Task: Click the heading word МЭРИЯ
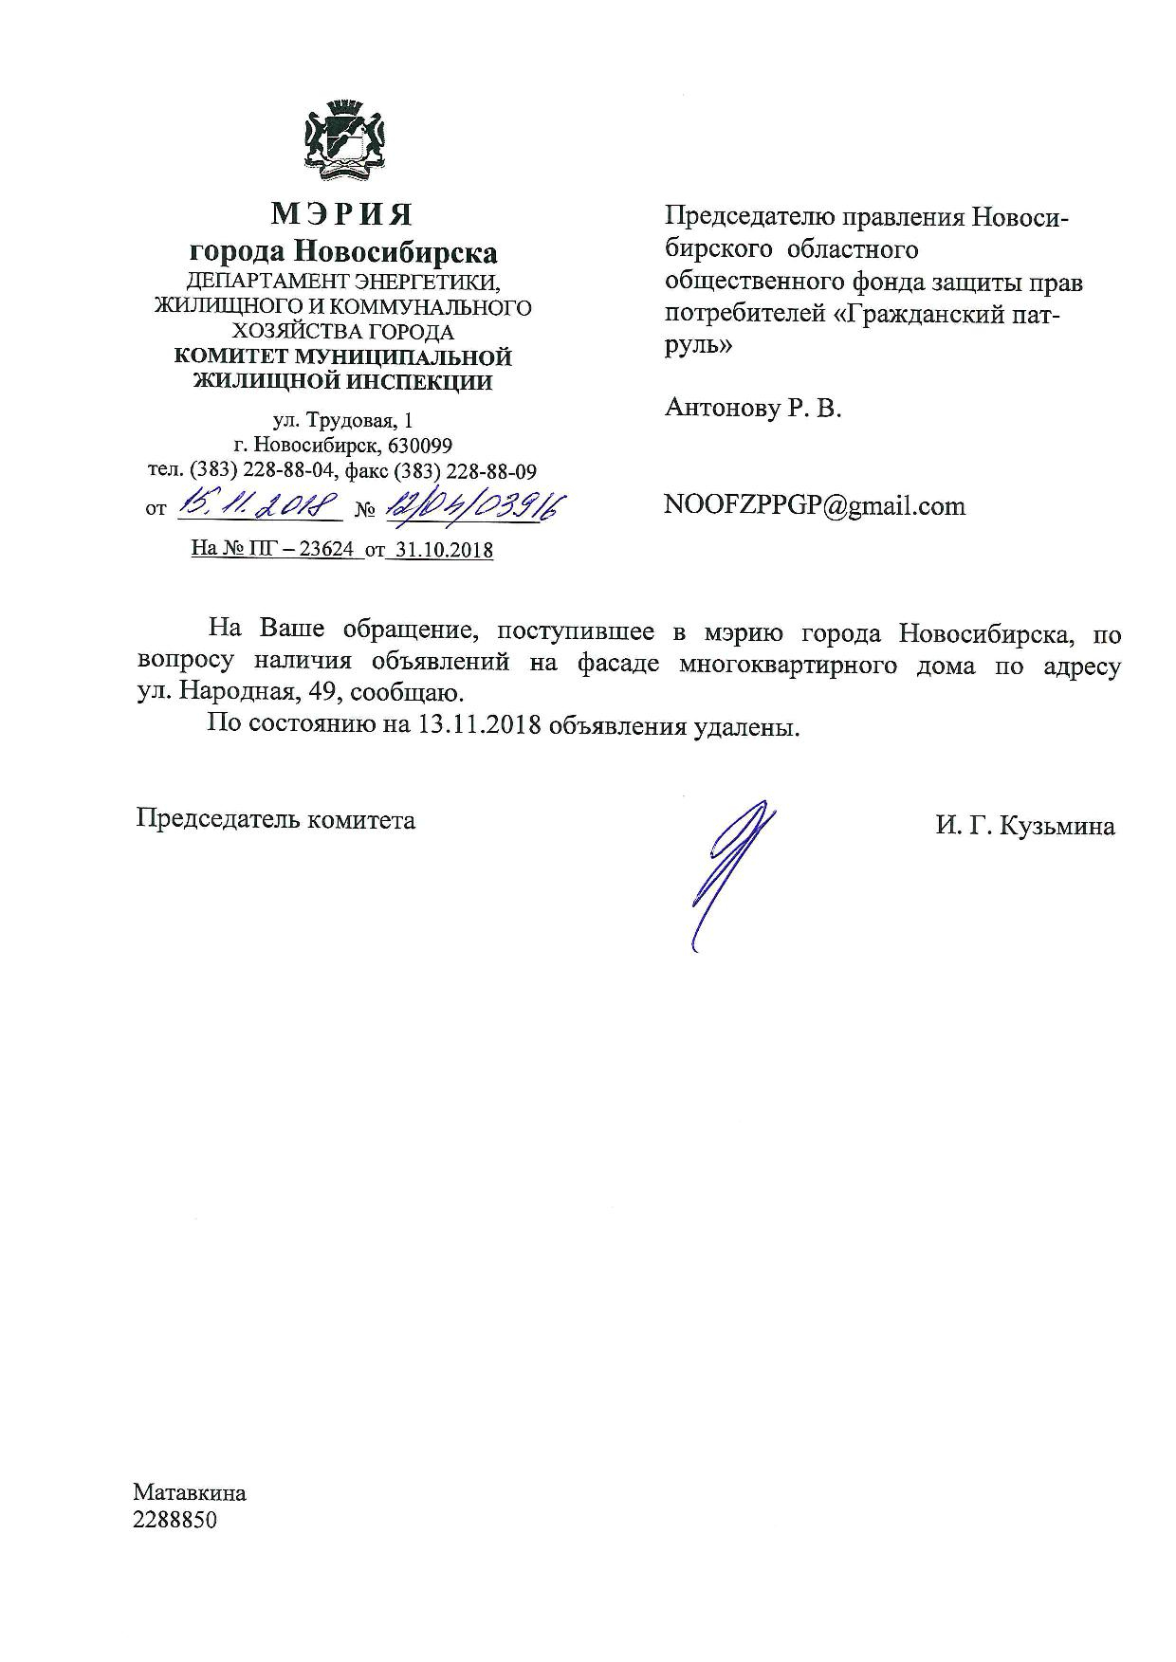(x=342, y=214)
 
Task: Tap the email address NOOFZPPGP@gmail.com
(x=815, y=505)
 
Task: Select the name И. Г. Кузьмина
(x=1024, y=826)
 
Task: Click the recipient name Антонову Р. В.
(x=753, y=409)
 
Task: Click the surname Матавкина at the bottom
(x=190, y=1493)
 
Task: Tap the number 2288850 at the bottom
(x=175, y=1520)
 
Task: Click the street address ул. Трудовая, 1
(x=342, y=420)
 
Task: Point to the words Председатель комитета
(x=276, y=819)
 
